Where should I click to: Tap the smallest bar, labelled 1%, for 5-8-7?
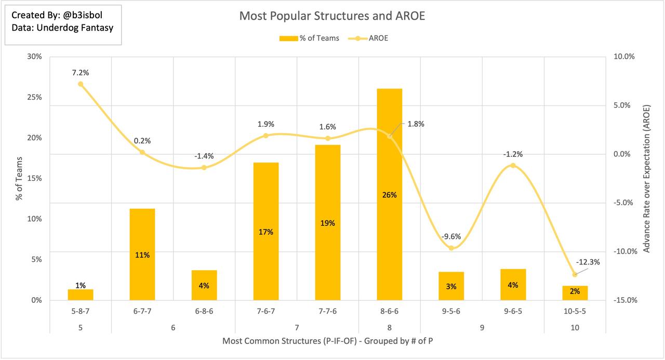click(81, 295)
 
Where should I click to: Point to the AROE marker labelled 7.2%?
click(81, 84)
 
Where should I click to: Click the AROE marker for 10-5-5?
click(575, 274)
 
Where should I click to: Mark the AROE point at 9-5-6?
click(451, 248)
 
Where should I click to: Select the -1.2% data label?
click(512, 154)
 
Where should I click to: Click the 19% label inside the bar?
click(327, 223)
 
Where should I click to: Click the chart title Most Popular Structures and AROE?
click(332, 16)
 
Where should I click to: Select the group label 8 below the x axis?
click(389, 328)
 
